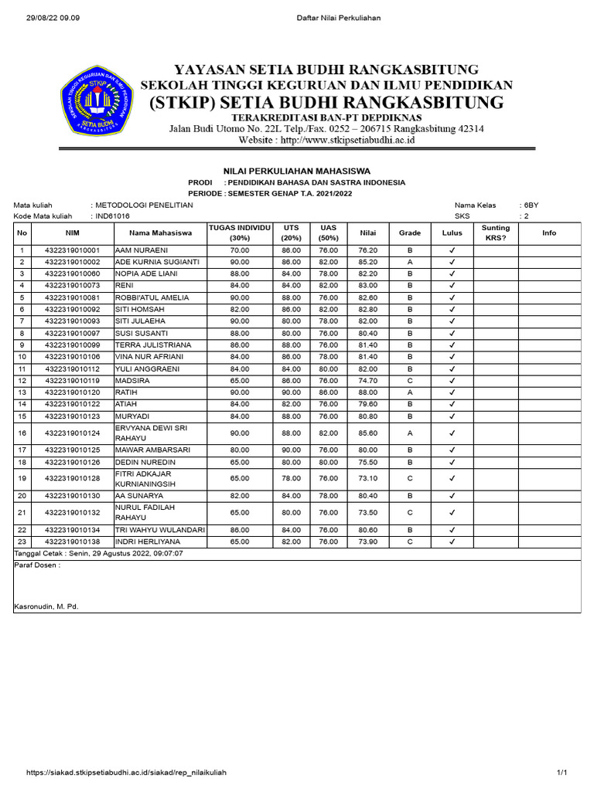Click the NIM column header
coord(73,233)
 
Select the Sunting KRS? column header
coord(495,233)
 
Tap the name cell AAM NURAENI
coord(141,251)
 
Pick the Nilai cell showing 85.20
coord(367,263)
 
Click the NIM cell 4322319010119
coord(73,381)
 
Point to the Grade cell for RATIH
coord(409,392)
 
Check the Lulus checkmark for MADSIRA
coord(452,381)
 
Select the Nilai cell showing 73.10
coord(367,478)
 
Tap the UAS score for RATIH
coord(328,392)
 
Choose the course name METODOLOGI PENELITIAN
coord(144,205)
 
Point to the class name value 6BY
coord(531,205)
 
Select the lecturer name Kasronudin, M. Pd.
coord(46,607)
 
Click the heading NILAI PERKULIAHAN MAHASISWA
coord(296,171)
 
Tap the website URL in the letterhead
coord(327,141)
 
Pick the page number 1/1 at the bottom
coord(562,772)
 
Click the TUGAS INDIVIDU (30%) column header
coord(239,233)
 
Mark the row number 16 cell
coord(22,433)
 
